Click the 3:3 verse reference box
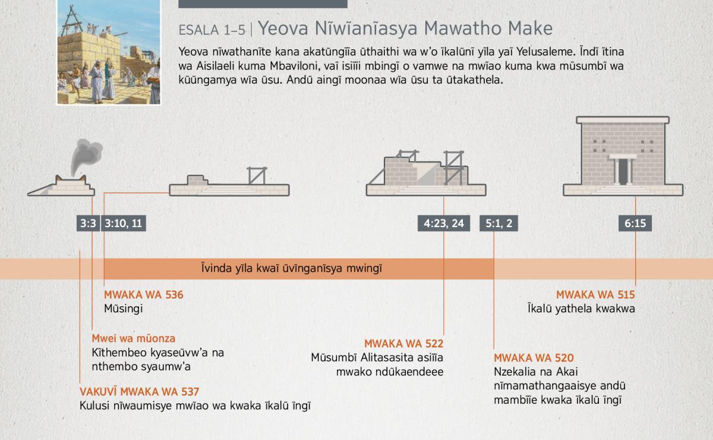pyautogui.click(x=88, y=223)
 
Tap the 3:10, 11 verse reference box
pyautogui.click(x=124, y=223)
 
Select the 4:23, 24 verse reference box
pyautogui.click(x=444, y=223)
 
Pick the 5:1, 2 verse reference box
pyautogui.click(x=499, y=223)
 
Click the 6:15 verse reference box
pyautogui.click(x=635, y=223)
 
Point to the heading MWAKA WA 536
pyautogui.click(x=144, y=295)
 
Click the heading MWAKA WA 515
pyautogui.click(x=595, y=295)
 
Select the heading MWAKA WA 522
pyautogui.click(x=403, y=344)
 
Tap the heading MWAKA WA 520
pyautogui.click(x=534, y=358)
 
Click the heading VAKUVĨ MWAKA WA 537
pyautogui.click(x=140, y=392)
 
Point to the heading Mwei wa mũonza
pyautogui.click(x=133, y=338)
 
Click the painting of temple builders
pyautogui.click(x=109, y=52)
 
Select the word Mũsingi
pyautogui.click(x=123, y=309)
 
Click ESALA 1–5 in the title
pyautogui.click(x=212, y=30)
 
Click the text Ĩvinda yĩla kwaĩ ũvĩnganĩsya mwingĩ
pyautogui.click(x=292, y=268)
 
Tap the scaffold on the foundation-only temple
pyautogui.click(x=257, y=175)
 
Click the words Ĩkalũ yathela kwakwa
pyautogui.click(x=581, y=309)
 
